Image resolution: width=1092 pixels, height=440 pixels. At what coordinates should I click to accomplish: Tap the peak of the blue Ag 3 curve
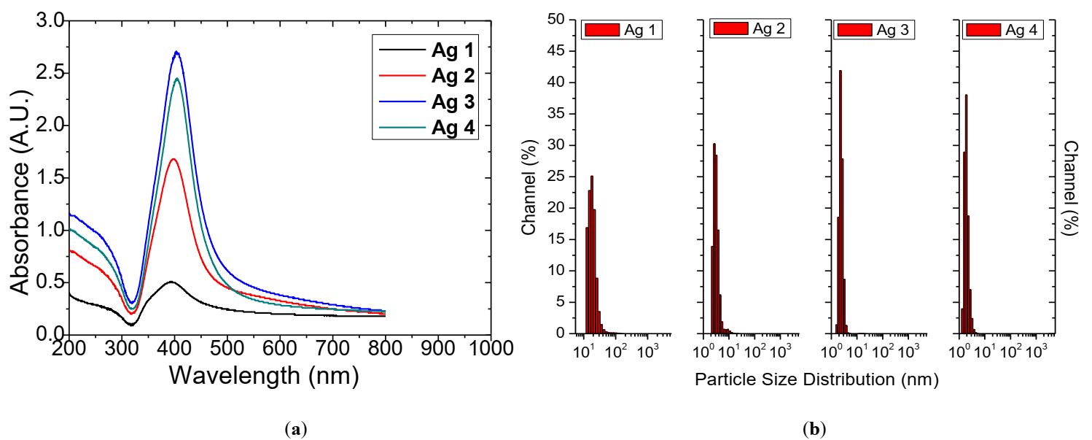pyautogui.click(x=176, y=52)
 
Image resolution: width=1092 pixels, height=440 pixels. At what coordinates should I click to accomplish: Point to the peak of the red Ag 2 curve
pyautogui.click(x=173, y=159)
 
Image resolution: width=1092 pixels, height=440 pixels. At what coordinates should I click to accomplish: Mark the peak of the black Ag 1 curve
pyautogui.click(x=171, y=282)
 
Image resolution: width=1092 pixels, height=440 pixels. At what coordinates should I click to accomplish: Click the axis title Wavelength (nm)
pyautogui.click(x=264, y=375)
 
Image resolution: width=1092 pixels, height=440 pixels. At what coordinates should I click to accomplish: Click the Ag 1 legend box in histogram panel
pyautogui.click(x=622, y=30)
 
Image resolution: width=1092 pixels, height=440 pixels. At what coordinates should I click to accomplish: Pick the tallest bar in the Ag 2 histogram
pyautogui.click(x=714, y=238)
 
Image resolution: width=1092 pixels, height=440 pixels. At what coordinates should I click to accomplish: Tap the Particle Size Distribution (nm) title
pyautogui.click(x=816, y=380)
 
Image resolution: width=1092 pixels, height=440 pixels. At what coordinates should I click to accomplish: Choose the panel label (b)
pyautogui.click(x=814, y=430)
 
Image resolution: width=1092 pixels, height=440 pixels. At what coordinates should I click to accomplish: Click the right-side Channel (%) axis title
pyautogui.click(x=1071, y=187)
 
